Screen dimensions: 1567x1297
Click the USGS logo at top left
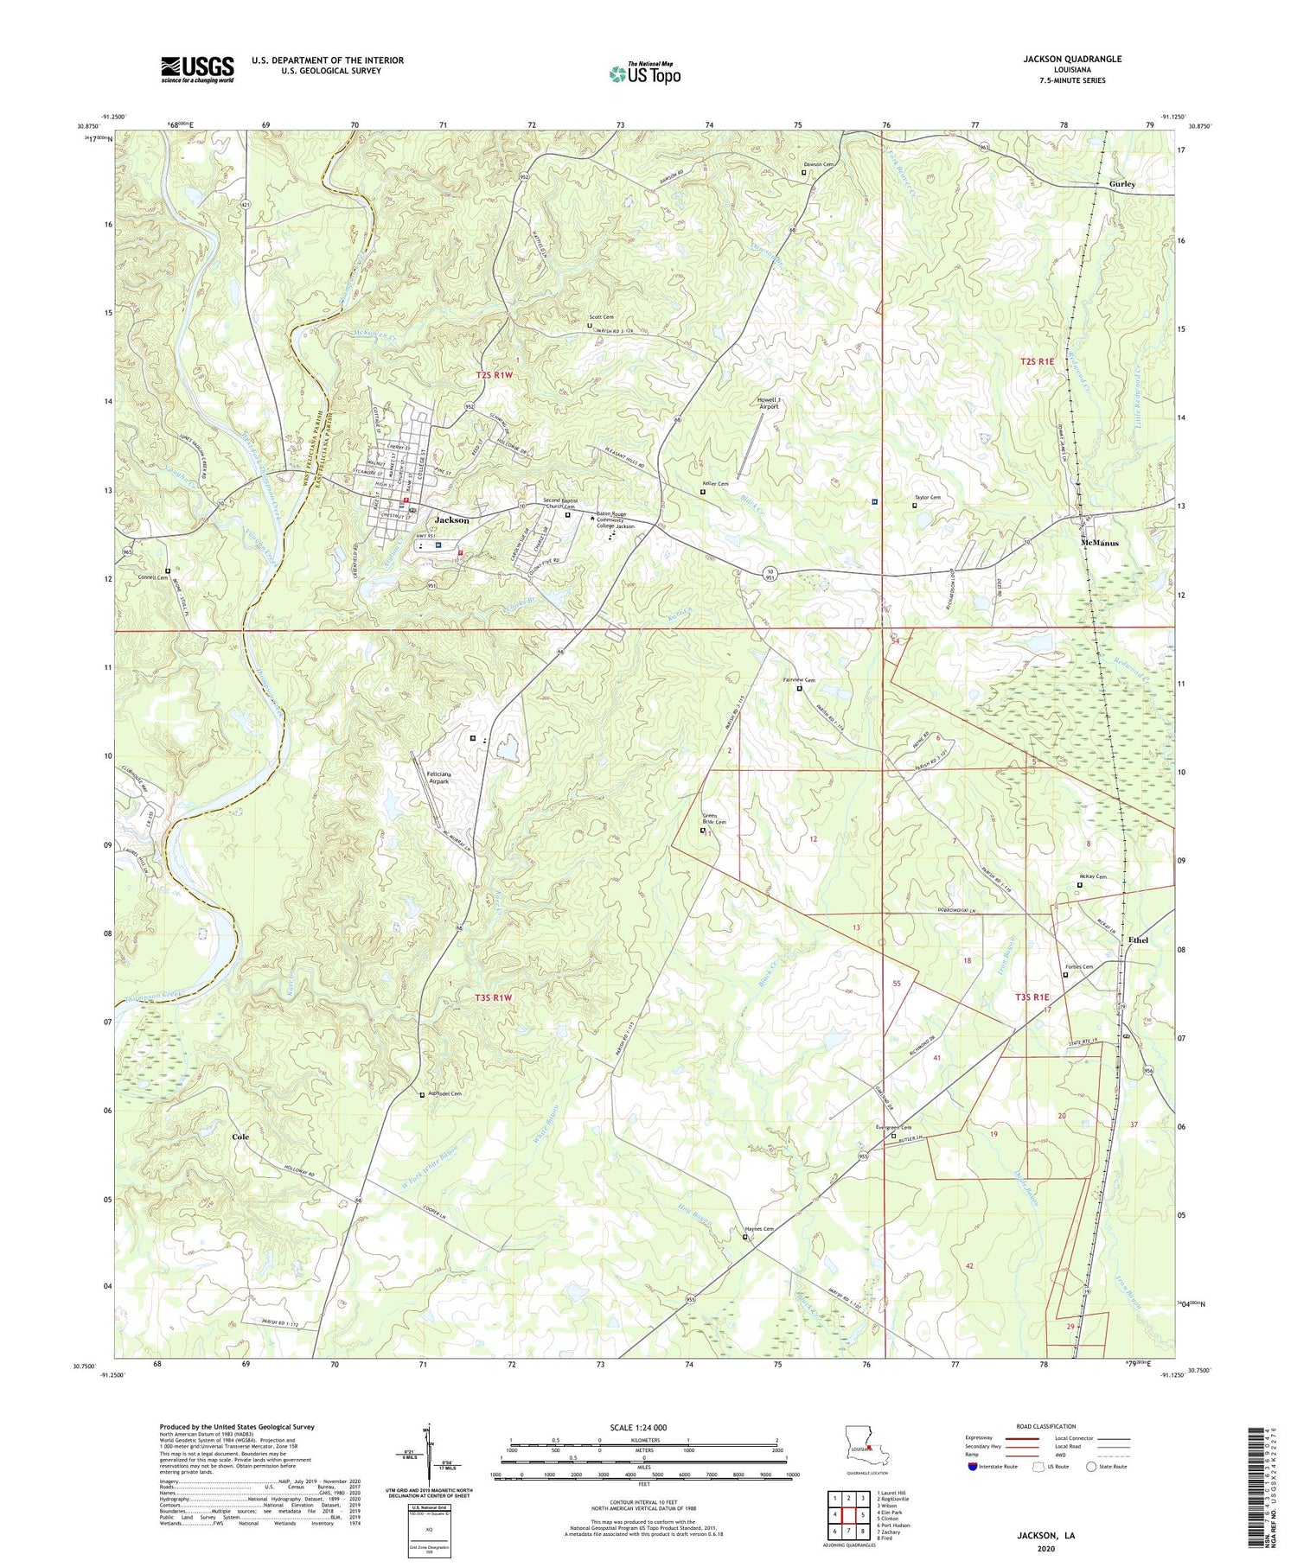point(197,69)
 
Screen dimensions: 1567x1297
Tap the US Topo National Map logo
point(644,73)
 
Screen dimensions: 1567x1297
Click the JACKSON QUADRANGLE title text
point(1072,59)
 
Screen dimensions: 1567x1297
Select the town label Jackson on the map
point(452,520)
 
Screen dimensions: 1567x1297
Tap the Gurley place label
point(1122,184)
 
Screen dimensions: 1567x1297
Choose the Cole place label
point(240,1137)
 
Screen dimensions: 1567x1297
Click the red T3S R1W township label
point(494,997)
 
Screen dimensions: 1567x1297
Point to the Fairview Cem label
point(799,680)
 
